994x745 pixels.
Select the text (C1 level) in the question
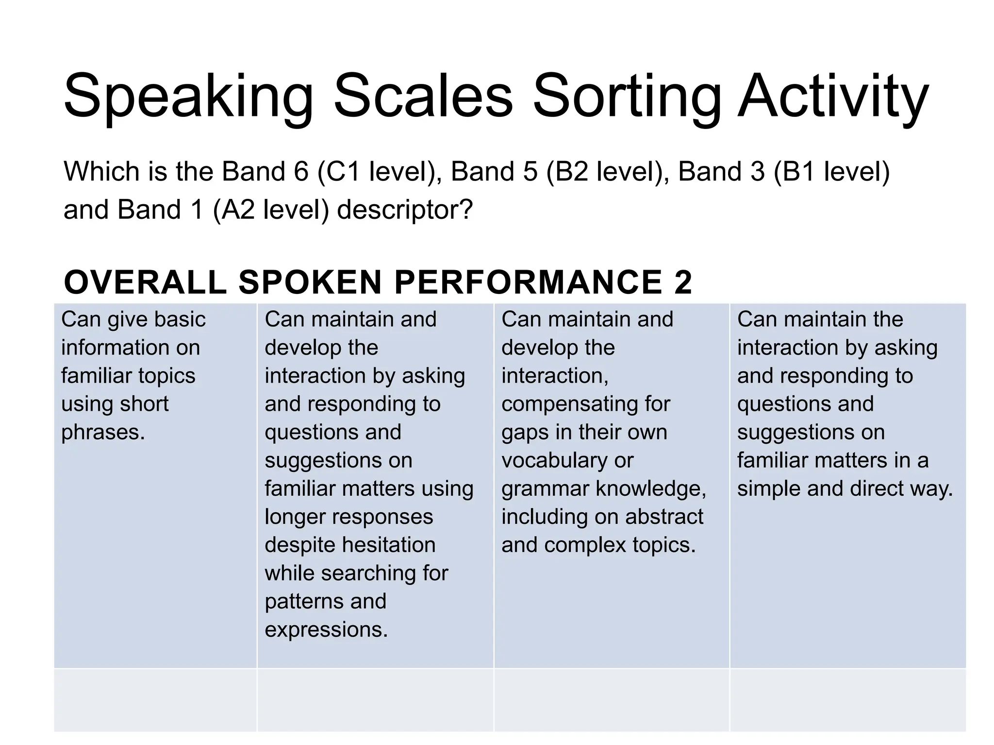coord(379,172)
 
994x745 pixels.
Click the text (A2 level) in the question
coord(271,210)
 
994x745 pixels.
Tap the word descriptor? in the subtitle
coord(405,210)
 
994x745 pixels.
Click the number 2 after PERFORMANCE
coord(682,282)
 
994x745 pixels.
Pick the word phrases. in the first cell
coord(103,432)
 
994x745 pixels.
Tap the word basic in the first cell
coord(180,320)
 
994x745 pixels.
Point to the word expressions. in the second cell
coord(326,630)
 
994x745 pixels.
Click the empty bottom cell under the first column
coord(155,699)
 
